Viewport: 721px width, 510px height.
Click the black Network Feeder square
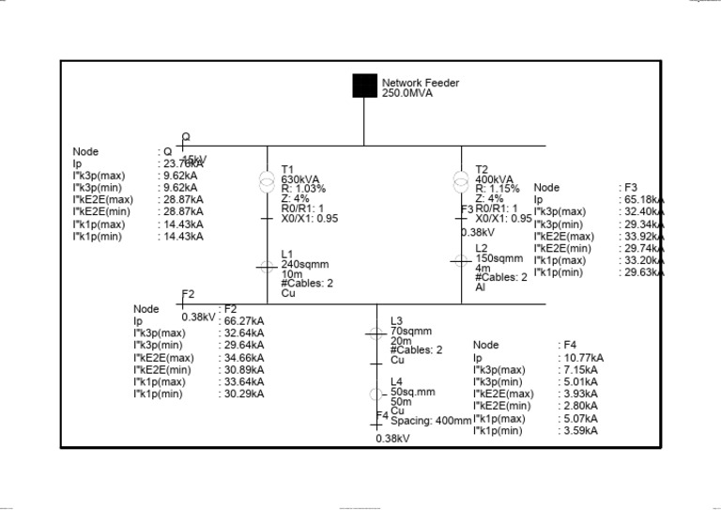(364, 85)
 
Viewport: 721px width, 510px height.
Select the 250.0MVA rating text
(407, 93)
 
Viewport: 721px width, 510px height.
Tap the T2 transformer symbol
(461, 179)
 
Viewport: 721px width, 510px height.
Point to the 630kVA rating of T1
(300, 179)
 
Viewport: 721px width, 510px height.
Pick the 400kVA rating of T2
(494, 179)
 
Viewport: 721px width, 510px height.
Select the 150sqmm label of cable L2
(499, 257)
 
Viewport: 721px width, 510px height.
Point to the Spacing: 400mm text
(431, 421)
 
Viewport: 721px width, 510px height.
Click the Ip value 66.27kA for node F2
(244, 320)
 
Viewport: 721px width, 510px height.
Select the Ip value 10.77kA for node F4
(584, 357)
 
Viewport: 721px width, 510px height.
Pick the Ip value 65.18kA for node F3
(643, 200)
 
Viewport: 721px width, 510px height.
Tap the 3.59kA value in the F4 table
(581, 430)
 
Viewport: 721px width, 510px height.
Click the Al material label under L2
(481, 287)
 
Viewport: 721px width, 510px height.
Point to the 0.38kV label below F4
(393, 439)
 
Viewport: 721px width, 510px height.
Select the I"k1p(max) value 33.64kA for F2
(244, 381)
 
